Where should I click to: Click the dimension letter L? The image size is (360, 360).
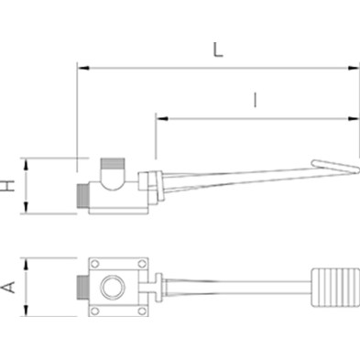point(218,49)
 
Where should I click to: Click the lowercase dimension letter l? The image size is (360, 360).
point(256,101)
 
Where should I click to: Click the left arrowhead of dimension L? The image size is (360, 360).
point(83,68)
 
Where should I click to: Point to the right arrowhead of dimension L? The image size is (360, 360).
point(354,68)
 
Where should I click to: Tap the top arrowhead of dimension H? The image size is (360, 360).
point(26,165)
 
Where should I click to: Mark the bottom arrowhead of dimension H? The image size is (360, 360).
point(26,208)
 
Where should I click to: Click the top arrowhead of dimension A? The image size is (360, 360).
point(26,264)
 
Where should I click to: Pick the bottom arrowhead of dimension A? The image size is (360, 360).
point(26,311)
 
